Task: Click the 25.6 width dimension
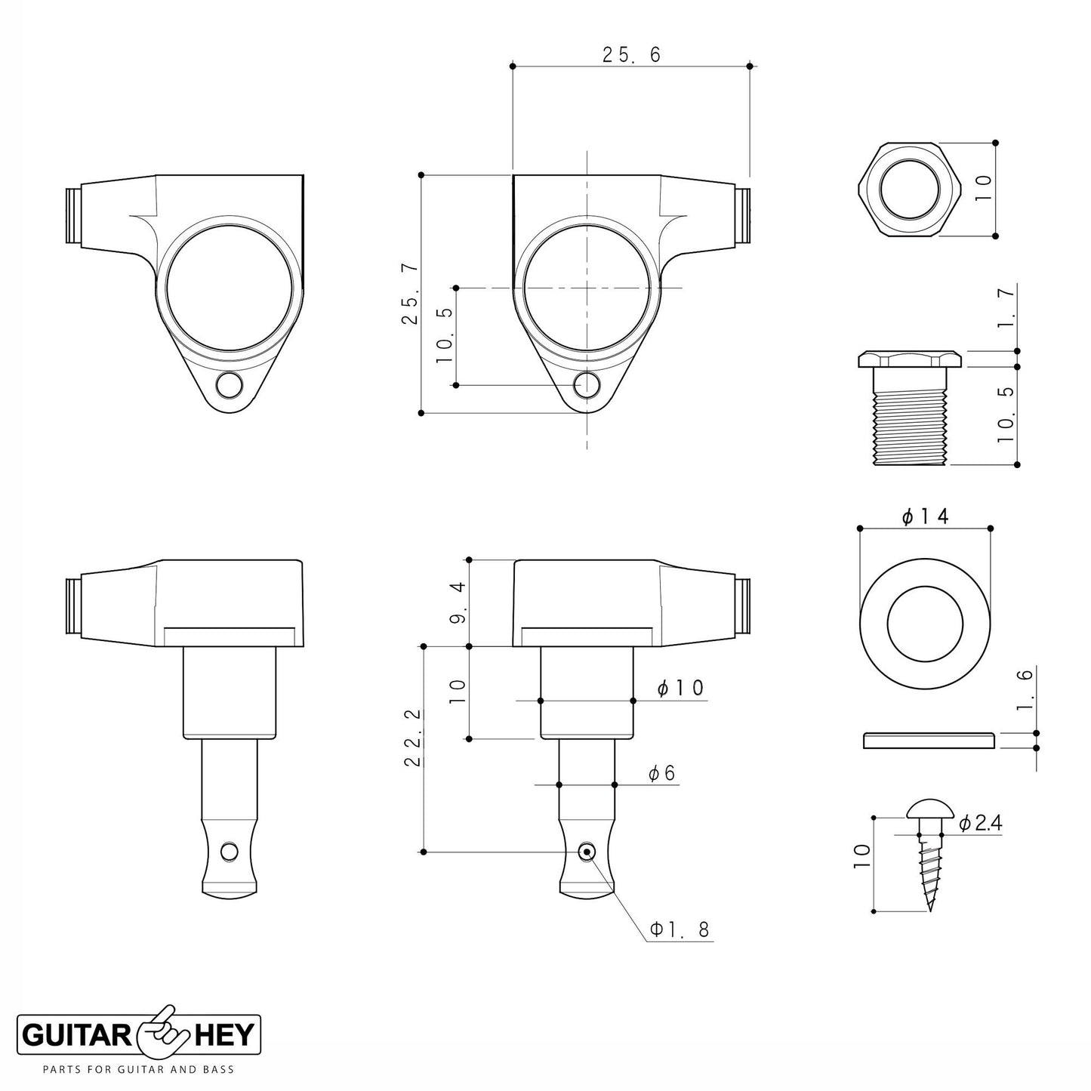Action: (631, 55)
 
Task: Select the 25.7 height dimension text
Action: (410, 294)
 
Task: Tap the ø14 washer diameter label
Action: (926, 516)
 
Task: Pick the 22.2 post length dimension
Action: (413, 738)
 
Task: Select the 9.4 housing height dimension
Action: (458, 603)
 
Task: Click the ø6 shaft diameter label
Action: (662, 773)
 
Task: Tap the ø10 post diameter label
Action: (680, 688)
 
